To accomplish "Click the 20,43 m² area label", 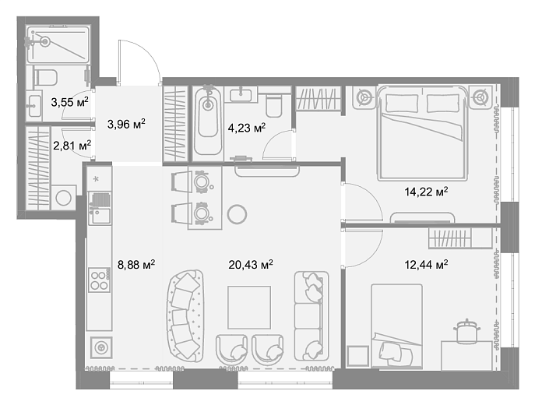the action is click(251, 264).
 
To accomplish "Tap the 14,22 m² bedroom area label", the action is click(426, 192).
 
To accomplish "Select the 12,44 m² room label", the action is click(426, 264).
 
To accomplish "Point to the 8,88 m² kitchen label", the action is click(136, 264).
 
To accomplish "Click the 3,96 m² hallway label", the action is click(126, 124).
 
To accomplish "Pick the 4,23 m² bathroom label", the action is click(246, 128).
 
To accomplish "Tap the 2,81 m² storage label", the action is click(72, 146).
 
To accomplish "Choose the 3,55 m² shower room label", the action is click(69, 102).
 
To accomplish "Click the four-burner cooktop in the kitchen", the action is click(99, 280).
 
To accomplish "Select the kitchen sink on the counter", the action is click(100, 216).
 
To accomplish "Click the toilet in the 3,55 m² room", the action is click(44, 77).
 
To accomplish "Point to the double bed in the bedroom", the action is click(422, 133).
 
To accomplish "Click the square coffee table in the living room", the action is click(249, 308).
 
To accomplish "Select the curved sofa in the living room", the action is click(185, 316).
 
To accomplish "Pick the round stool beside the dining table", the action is click(237, 214).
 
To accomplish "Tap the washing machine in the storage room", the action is click(63, 198).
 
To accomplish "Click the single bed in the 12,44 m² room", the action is click(397, 326).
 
